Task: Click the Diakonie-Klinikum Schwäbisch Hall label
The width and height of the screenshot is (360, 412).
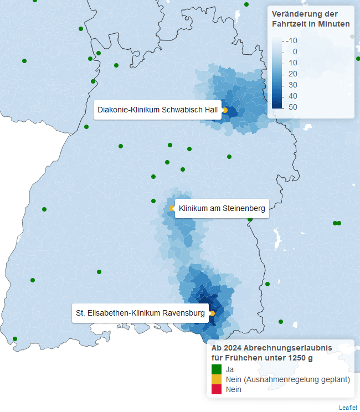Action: [x=157, y=110]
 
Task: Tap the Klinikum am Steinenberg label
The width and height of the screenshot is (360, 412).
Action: [x=222, y=209]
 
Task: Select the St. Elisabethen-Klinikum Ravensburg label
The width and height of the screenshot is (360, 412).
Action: [x=140, y=313]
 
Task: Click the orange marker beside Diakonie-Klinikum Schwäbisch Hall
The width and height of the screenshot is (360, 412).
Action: [x=225, y=110]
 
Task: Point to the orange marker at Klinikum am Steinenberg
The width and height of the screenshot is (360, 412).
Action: [x=172, y=209]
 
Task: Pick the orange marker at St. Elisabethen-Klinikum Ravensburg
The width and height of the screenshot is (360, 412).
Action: [x=212, y=313]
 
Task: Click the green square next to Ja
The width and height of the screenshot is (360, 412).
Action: [x=217, y=369]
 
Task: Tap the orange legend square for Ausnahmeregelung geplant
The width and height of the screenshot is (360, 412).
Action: [x=217, y=379]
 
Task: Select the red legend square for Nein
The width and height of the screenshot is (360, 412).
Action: [x=217, y=389]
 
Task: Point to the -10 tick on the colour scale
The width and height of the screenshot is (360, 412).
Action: [x=292, y=40]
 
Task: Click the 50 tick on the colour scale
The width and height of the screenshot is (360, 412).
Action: [x=292, y=107]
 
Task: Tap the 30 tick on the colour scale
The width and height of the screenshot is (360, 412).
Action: [x=292, y=85]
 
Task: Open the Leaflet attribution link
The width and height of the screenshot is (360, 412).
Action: [x=348, y=408]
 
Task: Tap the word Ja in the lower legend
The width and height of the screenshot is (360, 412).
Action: [x=230, y=369]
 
